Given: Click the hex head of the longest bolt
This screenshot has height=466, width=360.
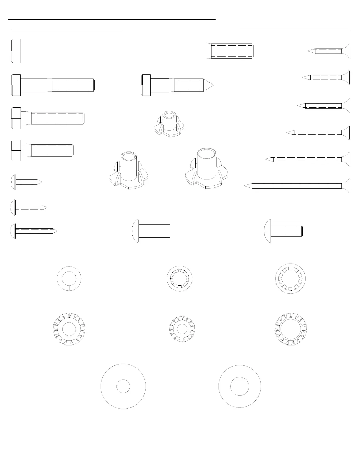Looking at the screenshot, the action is (16, 51).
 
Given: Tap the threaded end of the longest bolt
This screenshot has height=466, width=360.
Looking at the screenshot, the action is (232, 51).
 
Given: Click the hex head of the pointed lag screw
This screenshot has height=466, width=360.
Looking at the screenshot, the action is (146, 85).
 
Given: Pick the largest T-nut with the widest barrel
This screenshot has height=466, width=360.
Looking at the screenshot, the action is (206, 169).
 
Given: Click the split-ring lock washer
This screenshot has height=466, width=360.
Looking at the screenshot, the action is (69, 278).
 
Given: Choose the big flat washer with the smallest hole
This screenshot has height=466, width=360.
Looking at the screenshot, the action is (123, 386).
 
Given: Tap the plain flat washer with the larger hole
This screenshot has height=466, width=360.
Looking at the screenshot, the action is (240, 386).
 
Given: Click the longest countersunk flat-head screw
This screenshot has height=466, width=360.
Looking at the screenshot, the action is (297, 186).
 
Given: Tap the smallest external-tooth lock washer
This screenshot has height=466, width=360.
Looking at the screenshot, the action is (182, 329).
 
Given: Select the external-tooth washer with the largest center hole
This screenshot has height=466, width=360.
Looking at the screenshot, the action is (291, 329).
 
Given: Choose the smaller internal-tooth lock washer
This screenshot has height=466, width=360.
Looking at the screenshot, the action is (180, 279).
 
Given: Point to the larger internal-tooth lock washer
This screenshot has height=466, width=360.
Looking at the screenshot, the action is (291, 279).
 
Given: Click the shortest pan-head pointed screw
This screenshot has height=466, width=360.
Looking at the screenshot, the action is (26, 182).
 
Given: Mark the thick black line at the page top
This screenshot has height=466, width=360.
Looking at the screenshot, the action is (112, 19).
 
